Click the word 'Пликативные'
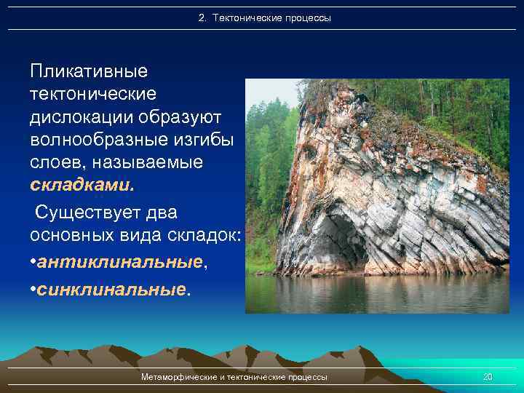click(x=89, y=72)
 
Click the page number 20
click(x=488, y=377)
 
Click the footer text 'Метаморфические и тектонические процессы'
click(x=234, y=377)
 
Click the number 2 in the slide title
click(x=202, y=17)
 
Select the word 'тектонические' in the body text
click(x=92, y=95)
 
